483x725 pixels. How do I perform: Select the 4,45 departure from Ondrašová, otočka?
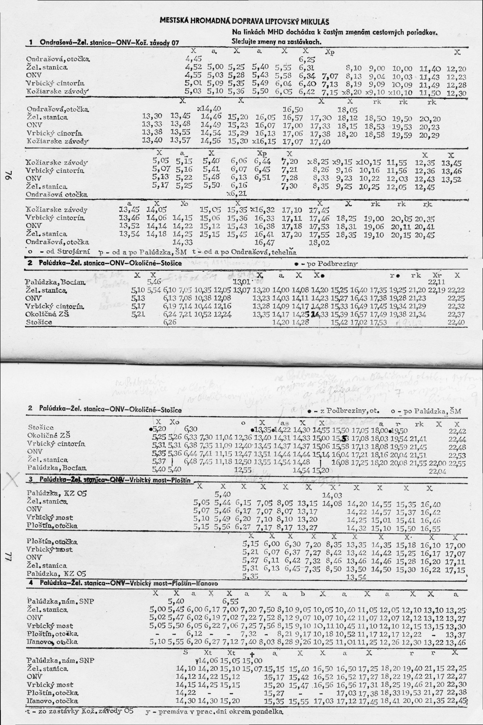pyautogui.click(x=194, y=59)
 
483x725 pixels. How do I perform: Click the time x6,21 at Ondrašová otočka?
pyautogui.click(x=236, y=193)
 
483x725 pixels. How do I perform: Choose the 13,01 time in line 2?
pyautogui.click(x=240, y=282)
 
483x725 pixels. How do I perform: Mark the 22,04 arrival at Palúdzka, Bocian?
pyautogui.click(x=436, y=471)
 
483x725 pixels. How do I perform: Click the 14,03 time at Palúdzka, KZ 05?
pyautogui.click(x=332, y=495)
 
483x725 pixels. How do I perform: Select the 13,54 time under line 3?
pyautogui.click(x=356, y=577)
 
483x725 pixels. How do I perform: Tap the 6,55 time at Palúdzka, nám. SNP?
pyautogui.click(x=230, y=601)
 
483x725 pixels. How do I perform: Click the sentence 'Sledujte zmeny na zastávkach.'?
pyautogui.click(x=276, y=42)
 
